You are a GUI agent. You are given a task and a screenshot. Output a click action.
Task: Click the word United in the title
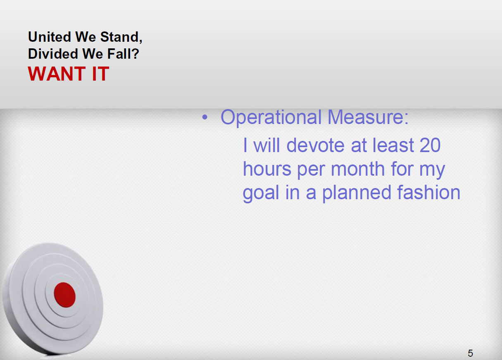pyautogui.click(x=50, y=36)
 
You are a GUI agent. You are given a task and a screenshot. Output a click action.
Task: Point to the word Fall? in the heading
pyautogui.click(x=123, y=54)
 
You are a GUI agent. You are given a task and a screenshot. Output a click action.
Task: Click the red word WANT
pyautogui.click(x=57, y=74)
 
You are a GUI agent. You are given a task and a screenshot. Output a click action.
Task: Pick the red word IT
pyautogui.click(x=100, y=74)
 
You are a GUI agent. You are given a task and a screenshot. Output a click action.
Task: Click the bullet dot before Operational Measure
pyautogui.click(x=205, y=117)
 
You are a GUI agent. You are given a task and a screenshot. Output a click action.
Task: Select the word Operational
pyautogui.click(x=271, y=117)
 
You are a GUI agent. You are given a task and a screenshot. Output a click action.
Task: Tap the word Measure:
pyautogui.click(x=368, y=117)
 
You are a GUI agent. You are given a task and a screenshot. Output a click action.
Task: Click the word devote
pyautogui.click(x=315, y=145)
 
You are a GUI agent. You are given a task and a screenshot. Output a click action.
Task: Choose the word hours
pyautogui.click(x=267, y=169)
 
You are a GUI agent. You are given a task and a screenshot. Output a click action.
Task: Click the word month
pyautogui.click(x=358, y=169)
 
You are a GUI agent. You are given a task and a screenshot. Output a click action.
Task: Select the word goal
pyautogui.click(x=261, y=193)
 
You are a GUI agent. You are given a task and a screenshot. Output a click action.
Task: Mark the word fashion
pyautogui.click(x=428, y=192)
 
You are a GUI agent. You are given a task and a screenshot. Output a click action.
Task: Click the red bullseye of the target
pyautogui.click(x=65, y=295)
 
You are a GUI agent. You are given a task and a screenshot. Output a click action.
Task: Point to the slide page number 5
pyautogui.click(x=470, y=353)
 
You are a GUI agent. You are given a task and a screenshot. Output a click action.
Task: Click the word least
pyautogui.click(x=393, y=145)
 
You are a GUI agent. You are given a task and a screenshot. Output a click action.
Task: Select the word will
pyautogui.click(x=266, y=145)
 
